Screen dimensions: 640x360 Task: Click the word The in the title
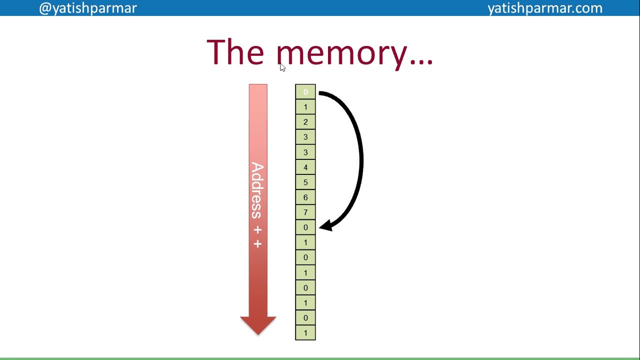point(235,51)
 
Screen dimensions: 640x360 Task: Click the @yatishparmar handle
point(87,8)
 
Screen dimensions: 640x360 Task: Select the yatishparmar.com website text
point(544,8)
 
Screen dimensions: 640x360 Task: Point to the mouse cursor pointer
point(282,67)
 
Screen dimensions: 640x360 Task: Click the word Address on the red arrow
point(257,190)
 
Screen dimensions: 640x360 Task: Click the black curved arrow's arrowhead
point(325,226)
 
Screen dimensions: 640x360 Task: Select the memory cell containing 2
point(305,122)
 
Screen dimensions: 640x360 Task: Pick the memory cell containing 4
point(305,167)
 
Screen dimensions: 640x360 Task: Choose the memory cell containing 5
point(305,182)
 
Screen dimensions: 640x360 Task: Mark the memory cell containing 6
point(305,197)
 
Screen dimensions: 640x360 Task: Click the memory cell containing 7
point(305,212)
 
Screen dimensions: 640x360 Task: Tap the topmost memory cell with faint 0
point(305,92)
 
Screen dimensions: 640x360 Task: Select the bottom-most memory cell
point(305,333)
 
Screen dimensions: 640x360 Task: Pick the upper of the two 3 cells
point(305,137)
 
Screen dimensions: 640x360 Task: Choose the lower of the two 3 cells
point(305,152)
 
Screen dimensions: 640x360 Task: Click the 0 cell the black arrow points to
point(305,227)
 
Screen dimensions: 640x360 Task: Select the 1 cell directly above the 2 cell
point(305,107)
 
